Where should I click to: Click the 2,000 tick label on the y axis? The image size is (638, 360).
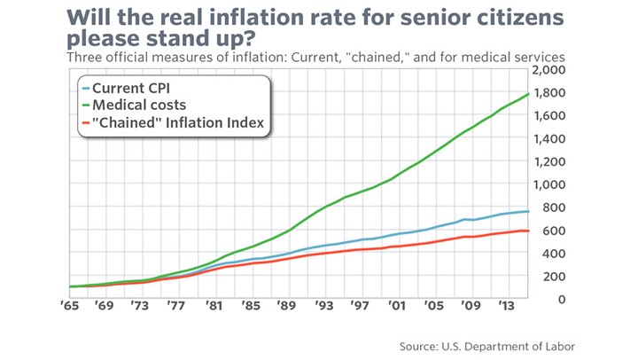coord(548,70)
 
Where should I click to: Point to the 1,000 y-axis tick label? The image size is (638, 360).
coord(548,184)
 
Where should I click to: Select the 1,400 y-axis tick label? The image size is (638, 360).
coord(548,139)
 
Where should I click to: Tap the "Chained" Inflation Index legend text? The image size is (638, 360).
coord(177,123)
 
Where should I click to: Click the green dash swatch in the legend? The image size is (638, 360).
coord(84,106)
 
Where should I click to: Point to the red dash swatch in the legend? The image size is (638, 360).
coord(84,123)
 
